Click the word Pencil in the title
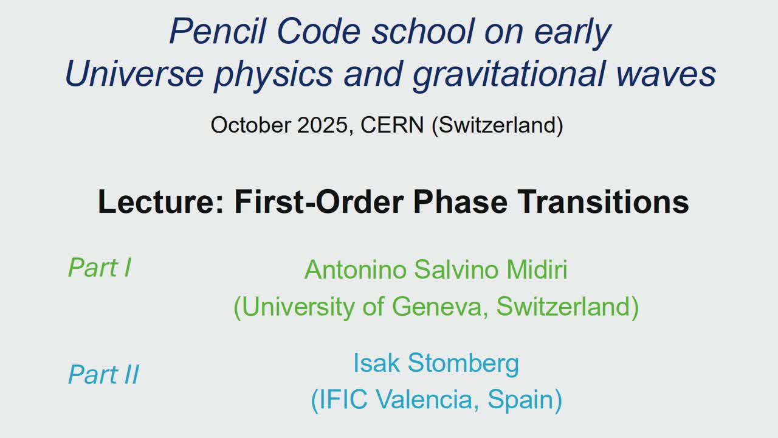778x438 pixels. (218, 31)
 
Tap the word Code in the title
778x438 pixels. (319, 31)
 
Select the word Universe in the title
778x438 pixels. (134, 74)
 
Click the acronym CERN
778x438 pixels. (392, 125)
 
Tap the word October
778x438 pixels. (251, 125)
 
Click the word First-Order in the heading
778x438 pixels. (319, 202)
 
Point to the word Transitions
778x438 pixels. (603, 202)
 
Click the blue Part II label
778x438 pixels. (103, 374)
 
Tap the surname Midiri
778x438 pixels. (537, 269)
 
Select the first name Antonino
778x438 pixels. (356, 269)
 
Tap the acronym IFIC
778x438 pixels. (343, 400)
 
